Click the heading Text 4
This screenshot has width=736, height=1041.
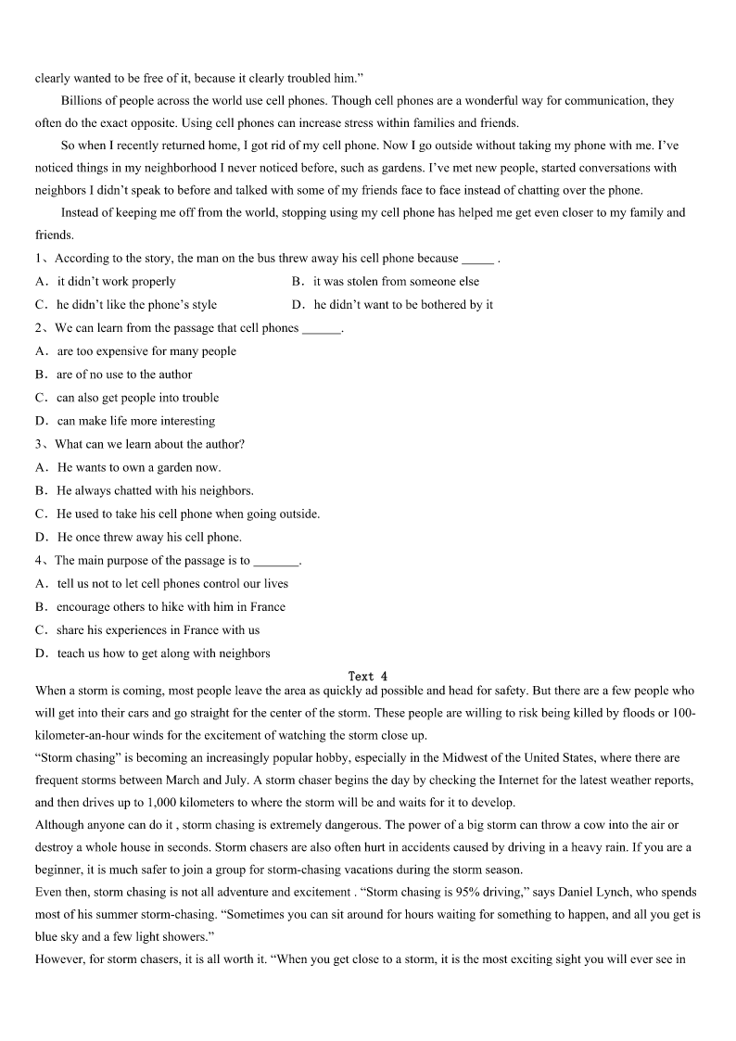click(368, 677)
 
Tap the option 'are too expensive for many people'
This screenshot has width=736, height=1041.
click(146, 351)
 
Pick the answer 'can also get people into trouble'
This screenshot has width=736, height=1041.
click(137, 398)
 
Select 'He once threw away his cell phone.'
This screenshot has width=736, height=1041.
click(149, 537)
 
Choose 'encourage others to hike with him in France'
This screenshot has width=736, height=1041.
click(171, 607)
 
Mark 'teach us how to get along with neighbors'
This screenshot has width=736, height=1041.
click(163, 654)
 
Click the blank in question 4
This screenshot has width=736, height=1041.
click(276, 561)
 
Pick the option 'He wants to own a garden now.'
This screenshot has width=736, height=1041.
click(139, 467)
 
